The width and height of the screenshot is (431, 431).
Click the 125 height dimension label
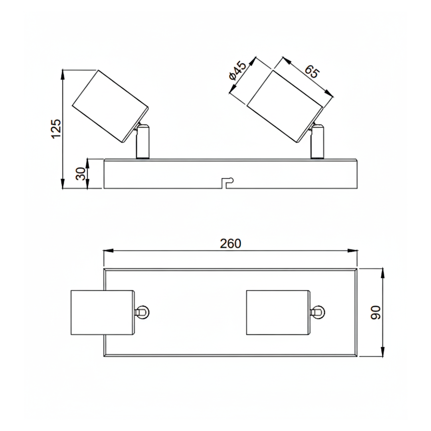pos(56,129)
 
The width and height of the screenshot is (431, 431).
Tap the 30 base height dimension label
pos(81,174)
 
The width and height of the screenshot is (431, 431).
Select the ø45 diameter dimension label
pos(237,71)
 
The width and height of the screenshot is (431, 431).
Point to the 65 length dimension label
pos(312,71)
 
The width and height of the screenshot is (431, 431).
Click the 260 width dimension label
pos(230,243)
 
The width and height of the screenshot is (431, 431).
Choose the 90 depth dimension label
pos(376,312)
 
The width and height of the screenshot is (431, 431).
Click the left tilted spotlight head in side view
pos(110,107)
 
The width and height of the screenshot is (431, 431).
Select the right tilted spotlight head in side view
pos(285,107)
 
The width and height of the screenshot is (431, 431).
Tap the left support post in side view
pos(143,142)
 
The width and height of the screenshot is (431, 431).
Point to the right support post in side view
pos(317,142)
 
